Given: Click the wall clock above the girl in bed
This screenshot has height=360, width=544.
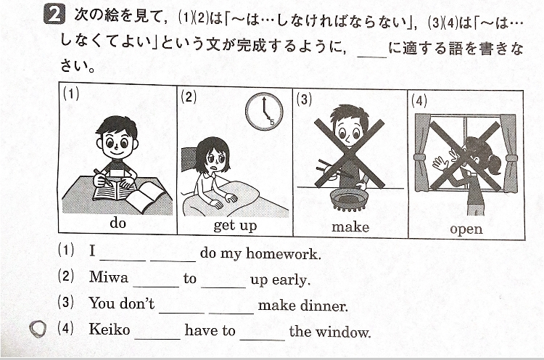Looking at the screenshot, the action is tap(264, 112).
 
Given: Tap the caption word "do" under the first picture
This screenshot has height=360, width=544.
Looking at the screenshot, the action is tap(118, 223).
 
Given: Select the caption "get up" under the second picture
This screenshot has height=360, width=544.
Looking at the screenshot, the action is tap(235, 226).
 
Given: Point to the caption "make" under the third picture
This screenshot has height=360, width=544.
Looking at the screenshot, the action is tap(350, 227).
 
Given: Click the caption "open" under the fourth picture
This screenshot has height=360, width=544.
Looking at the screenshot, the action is tap(466, 229).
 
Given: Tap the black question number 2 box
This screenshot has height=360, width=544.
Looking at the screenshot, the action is tap(54, 16).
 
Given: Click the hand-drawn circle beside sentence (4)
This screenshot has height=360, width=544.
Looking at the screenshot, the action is tap(38, 329).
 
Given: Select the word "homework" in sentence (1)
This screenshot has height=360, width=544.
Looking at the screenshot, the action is tap(281, 254).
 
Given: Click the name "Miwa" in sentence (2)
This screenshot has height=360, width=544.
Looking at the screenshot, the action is tap(109, 277).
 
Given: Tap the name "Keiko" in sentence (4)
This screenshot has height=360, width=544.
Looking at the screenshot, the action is tap(110, 329).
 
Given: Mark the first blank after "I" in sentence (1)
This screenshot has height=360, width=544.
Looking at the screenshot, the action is tap(123, 260).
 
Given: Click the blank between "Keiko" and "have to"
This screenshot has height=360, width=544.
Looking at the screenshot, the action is tap(157, 338).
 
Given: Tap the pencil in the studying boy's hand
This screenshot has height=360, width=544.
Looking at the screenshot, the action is tap(103, 177).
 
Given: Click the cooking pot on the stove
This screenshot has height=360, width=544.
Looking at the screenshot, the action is tap(349, 200).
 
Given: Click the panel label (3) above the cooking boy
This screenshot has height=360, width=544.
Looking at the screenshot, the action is tap(304, 99).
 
